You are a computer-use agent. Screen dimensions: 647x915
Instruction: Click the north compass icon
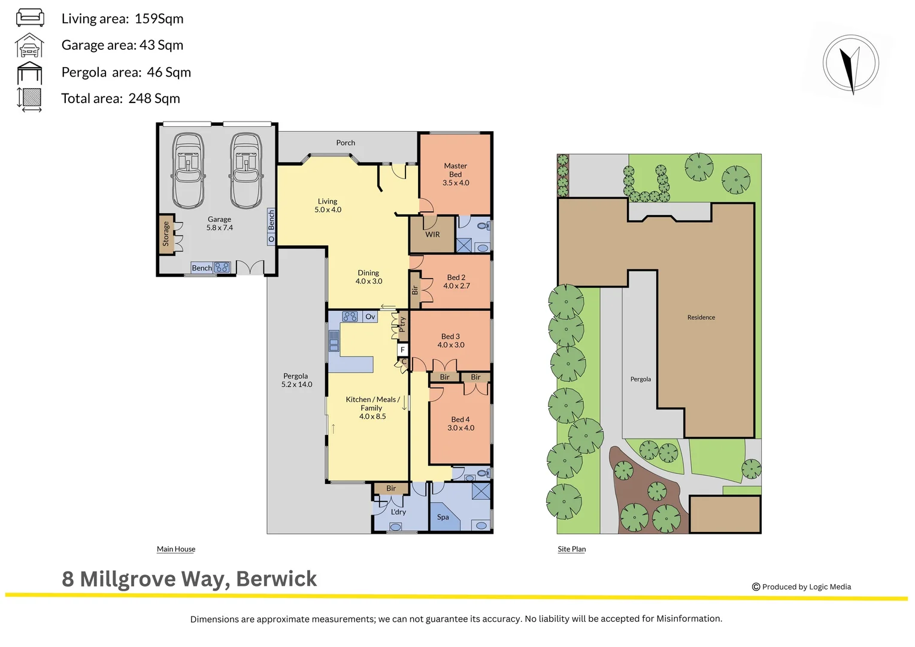pos(850,64)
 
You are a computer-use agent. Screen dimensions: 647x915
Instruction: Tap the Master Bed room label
pos(455,174)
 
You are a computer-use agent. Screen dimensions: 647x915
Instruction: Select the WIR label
pos(432,235)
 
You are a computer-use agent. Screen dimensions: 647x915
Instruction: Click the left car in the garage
pos(188,171)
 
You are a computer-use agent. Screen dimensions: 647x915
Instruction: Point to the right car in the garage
pos(246,171)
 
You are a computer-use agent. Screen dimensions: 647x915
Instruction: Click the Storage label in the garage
pos(166,234)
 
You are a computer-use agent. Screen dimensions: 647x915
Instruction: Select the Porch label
pos(346,143)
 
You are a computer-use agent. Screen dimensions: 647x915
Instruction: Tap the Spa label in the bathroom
pos(443,517)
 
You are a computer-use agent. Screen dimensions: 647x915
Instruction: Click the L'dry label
pos(398,512)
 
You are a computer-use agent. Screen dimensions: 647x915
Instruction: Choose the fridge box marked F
pos(402,349)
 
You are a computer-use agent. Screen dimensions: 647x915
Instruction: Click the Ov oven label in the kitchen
pos(370,316)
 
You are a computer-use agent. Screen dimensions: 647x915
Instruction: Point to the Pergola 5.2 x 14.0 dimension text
pos(296,385)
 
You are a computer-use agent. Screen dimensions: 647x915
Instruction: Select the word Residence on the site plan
pos(701,318)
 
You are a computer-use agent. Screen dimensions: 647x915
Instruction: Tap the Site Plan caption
pos(571,549)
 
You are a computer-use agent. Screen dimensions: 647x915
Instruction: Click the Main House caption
pos(176,549)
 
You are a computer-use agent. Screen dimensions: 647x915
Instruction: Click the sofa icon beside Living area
pos(29,17)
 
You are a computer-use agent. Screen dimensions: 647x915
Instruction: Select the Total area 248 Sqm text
pos(120,99)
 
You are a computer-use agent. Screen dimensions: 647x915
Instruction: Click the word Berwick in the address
pos(276,579)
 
